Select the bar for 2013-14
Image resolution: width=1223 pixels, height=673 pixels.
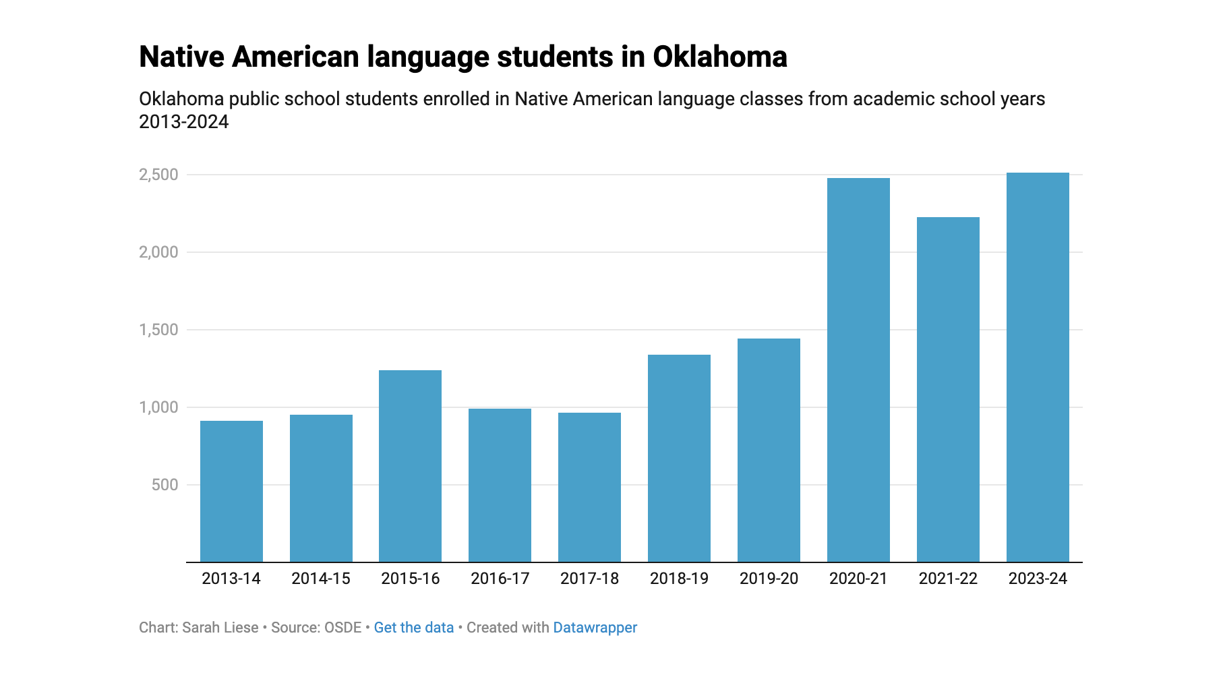click(x=231, y=491)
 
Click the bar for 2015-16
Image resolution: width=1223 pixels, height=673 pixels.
click(x=410, y=466)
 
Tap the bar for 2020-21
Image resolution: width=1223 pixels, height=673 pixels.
click(x=858, y=370)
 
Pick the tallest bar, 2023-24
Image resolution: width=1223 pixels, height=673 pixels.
click(x=1038, y=367)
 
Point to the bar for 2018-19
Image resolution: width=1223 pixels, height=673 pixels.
click(x=679, y=458)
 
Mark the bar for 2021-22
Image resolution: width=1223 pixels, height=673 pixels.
click(x=948, y=389)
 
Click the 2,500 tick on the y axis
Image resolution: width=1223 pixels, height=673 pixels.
click(x=158, y=175)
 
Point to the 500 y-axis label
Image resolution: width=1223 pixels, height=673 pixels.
click(x=165, y=485)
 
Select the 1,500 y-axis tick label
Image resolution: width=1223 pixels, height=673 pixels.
click(x=158, y=330)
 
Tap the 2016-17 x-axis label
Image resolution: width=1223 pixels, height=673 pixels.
click(x=500, y=579)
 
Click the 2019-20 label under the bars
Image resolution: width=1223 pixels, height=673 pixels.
click(x=769, y=579)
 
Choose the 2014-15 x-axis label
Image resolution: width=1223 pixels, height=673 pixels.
click(x=321, y=579)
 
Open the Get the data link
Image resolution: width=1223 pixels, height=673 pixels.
click(x=414, y=628)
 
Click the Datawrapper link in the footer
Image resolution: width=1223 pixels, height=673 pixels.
click(x=595, y=628)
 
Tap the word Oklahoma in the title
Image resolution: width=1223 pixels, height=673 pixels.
click(x=720, y=57)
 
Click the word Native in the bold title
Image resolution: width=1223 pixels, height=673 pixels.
click(x=182, y=57)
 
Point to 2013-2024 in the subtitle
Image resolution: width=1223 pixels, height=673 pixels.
click(x=184, y=122)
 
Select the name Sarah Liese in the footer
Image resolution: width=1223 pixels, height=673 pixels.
click(x=220, y=628)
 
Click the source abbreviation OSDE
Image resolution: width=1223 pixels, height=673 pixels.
click(x=343, y=628)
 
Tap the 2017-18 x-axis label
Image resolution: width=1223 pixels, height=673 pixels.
click(x=589, y=579)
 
